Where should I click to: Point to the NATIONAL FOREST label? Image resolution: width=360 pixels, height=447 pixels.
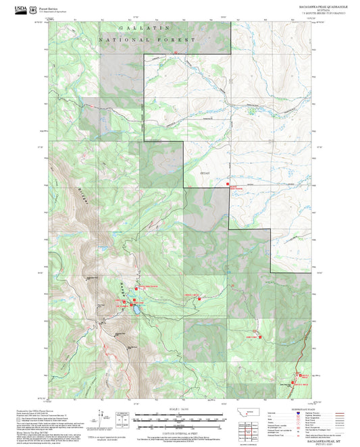pyautogui.click(x=147, y=40)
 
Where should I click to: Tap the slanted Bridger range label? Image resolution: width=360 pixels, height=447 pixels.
pyautogui.click(x=70, y=196)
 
